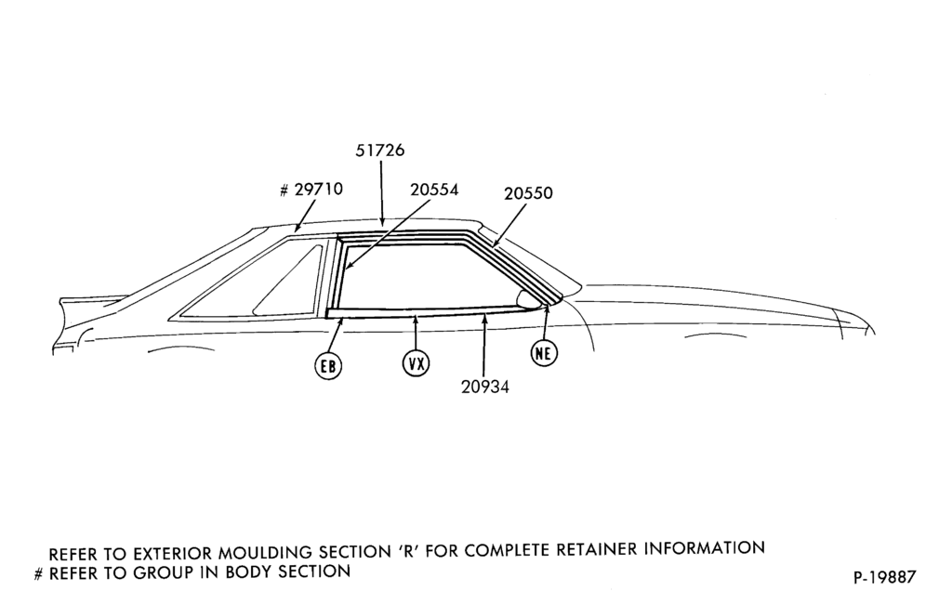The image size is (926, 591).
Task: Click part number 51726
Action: tap(379, 151)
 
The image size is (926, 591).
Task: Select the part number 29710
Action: tap(318, 190)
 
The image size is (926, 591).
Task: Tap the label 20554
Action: tap(434, 190)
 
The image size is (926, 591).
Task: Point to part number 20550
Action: tap(528, 193)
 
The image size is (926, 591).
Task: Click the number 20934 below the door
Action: tap(485, 387)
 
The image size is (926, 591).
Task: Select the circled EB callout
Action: tap(328, 367)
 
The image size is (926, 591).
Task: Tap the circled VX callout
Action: tap(416, 363)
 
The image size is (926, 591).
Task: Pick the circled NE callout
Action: tap(544, 352)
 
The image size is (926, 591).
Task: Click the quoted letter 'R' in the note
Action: tap(407, 551)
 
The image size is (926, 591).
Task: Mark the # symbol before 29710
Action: tap(284, 190)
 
